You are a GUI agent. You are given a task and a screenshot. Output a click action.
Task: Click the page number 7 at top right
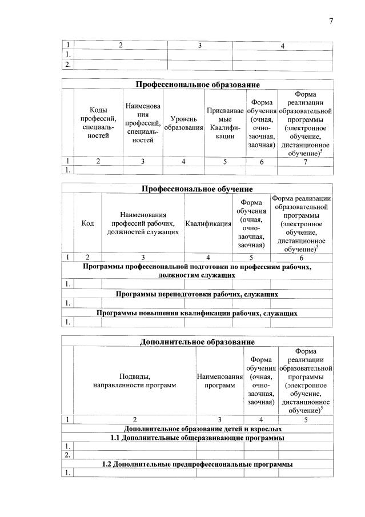pos(331,22)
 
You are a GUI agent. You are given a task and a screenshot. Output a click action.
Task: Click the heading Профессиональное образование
pos(197,85)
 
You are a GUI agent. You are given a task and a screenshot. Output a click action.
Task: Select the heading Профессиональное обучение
pos(197,189)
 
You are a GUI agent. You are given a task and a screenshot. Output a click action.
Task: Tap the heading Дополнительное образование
pos(197,342)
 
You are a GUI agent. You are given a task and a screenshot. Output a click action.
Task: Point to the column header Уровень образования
pos(183,123)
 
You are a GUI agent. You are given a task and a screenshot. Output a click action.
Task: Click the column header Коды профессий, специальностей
pos(98,123)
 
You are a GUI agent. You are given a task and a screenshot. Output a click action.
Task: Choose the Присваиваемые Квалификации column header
pos(225,123)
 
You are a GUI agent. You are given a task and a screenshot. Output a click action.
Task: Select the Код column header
pos(88,223)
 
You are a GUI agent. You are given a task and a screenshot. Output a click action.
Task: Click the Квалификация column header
pos(208,223)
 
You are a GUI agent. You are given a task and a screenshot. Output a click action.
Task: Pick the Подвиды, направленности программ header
pos(134,380)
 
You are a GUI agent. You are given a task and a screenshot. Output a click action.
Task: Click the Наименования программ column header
pos(219,380)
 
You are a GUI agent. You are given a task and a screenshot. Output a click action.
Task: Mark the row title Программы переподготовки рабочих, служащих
pos(197,294)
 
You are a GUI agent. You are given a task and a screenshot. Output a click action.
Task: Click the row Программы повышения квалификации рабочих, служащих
pos(197,313)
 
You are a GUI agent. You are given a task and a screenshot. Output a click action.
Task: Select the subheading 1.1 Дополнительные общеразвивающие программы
pos(197,438)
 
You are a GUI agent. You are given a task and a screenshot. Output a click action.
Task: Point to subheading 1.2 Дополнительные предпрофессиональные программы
pos(197,464)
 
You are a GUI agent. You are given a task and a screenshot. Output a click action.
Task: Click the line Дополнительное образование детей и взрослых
pos(197,428)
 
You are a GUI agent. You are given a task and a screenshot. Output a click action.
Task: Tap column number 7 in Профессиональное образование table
pos(305,162)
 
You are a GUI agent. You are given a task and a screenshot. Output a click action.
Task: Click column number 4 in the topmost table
pos(282,45)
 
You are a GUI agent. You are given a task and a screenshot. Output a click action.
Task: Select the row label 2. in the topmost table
pos(67,65)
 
